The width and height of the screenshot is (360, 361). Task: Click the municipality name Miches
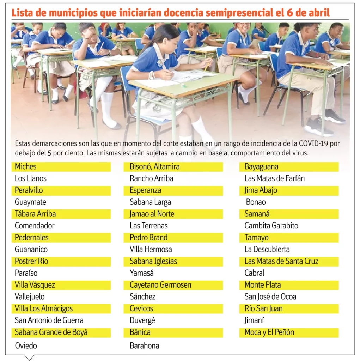tap(25, 166)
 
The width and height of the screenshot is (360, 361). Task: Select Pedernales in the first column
tap(32, 237)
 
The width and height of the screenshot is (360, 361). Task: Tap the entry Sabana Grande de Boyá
tap(51, 332)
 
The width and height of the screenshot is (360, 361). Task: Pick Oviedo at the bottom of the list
tap(26, 345)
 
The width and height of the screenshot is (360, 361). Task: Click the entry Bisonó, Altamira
tap(154, 166)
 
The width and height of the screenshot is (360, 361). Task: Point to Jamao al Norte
tap(152, 214)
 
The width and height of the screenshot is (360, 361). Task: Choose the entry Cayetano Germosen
tap(160, 285)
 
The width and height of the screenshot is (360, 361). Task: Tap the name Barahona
tap(144, 345)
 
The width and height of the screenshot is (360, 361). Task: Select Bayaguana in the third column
tap(261, 166)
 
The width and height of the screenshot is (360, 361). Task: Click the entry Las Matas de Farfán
tap(275, 178)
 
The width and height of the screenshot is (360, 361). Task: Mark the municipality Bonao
tap(256, 202)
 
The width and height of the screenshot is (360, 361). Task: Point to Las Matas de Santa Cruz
tap(281, 261)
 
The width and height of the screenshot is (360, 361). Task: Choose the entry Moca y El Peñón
tap(269, 332)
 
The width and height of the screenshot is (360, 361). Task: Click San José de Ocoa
tap(270, 296)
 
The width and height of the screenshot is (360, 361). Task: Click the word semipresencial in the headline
tap(239, 13)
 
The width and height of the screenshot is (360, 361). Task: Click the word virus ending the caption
tap(300, 154)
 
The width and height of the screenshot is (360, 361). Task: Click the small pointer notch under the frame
tap(30, 357)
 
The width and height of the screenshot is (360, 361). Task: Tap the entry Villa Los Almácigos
tap(44, 308)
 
